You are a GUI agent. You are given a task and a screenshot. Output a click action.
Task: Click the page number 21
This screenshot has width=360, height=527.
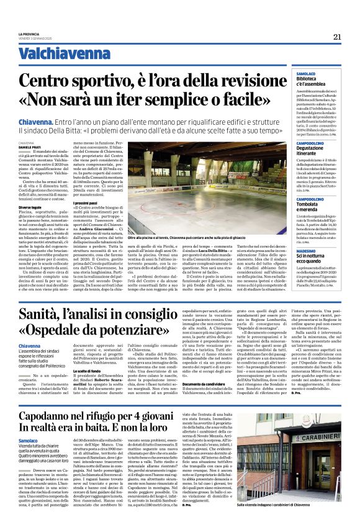click(x=337, y=37)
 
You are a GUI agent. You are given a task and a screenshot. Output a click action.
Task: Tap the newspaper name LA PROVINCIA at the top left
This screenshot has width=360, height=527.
click(x=29, y=34)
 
